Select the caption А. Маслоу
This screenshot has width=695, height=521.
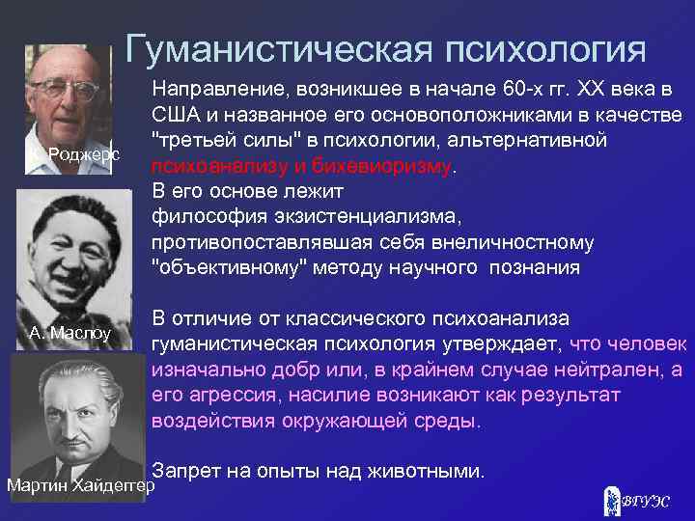click(70, 334)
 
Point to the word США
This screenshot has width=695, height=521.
click(175, 116)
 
